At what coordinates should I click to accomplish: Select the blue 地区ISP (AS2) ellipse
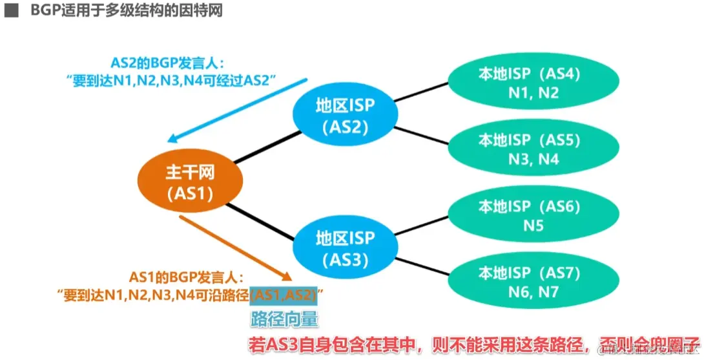click(x=344, y=115)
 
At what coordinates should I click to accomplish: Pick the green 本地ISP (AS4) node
click(x=529, y=83)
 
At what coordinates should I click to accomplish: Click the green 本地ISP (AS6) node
click(x=529, y=216)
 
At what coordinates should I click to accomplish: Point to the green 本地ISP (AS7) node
click(x=529, y=282)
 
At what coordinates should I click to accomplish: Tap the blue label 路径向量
click(x=285, y=319)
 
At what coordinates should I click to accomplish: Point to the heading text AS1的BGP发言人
click(x=187, y=278)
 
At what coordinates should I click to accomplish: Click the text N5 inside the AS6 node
click(x=534, y=226)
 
